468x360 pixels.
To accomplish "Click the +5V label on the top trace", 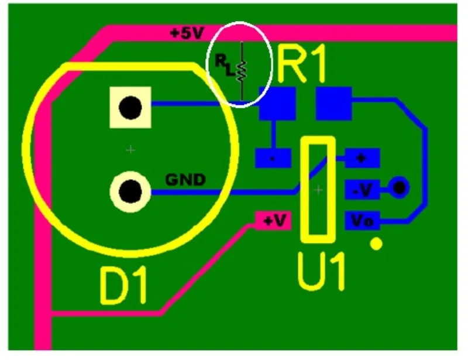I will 186,33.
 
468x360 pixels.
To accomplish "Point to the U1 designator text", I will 321,271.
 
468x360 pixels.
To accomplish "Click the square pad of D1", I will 130,107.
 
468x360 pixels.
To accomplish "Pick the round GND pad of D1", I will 130,191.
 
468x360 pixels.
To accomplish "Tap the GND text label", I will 185,180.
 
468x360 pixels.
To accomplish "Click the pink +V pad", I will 273,221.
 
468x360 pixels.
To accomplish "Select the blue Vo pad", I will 363,221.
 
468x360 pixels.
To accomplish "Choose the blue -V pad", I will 363,189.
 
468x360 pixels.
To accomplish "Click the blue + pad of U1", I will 363,157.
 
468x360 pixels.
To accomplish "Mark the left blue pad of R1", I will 277,104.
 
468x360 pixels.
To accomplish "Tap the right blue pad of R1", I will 333,104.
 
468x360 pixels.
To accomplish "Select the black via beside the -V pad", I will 400,188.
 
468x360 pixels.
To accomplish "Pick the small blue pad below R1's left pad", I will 273,157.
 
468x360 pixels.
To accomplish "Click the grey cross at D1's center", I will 130,150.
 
